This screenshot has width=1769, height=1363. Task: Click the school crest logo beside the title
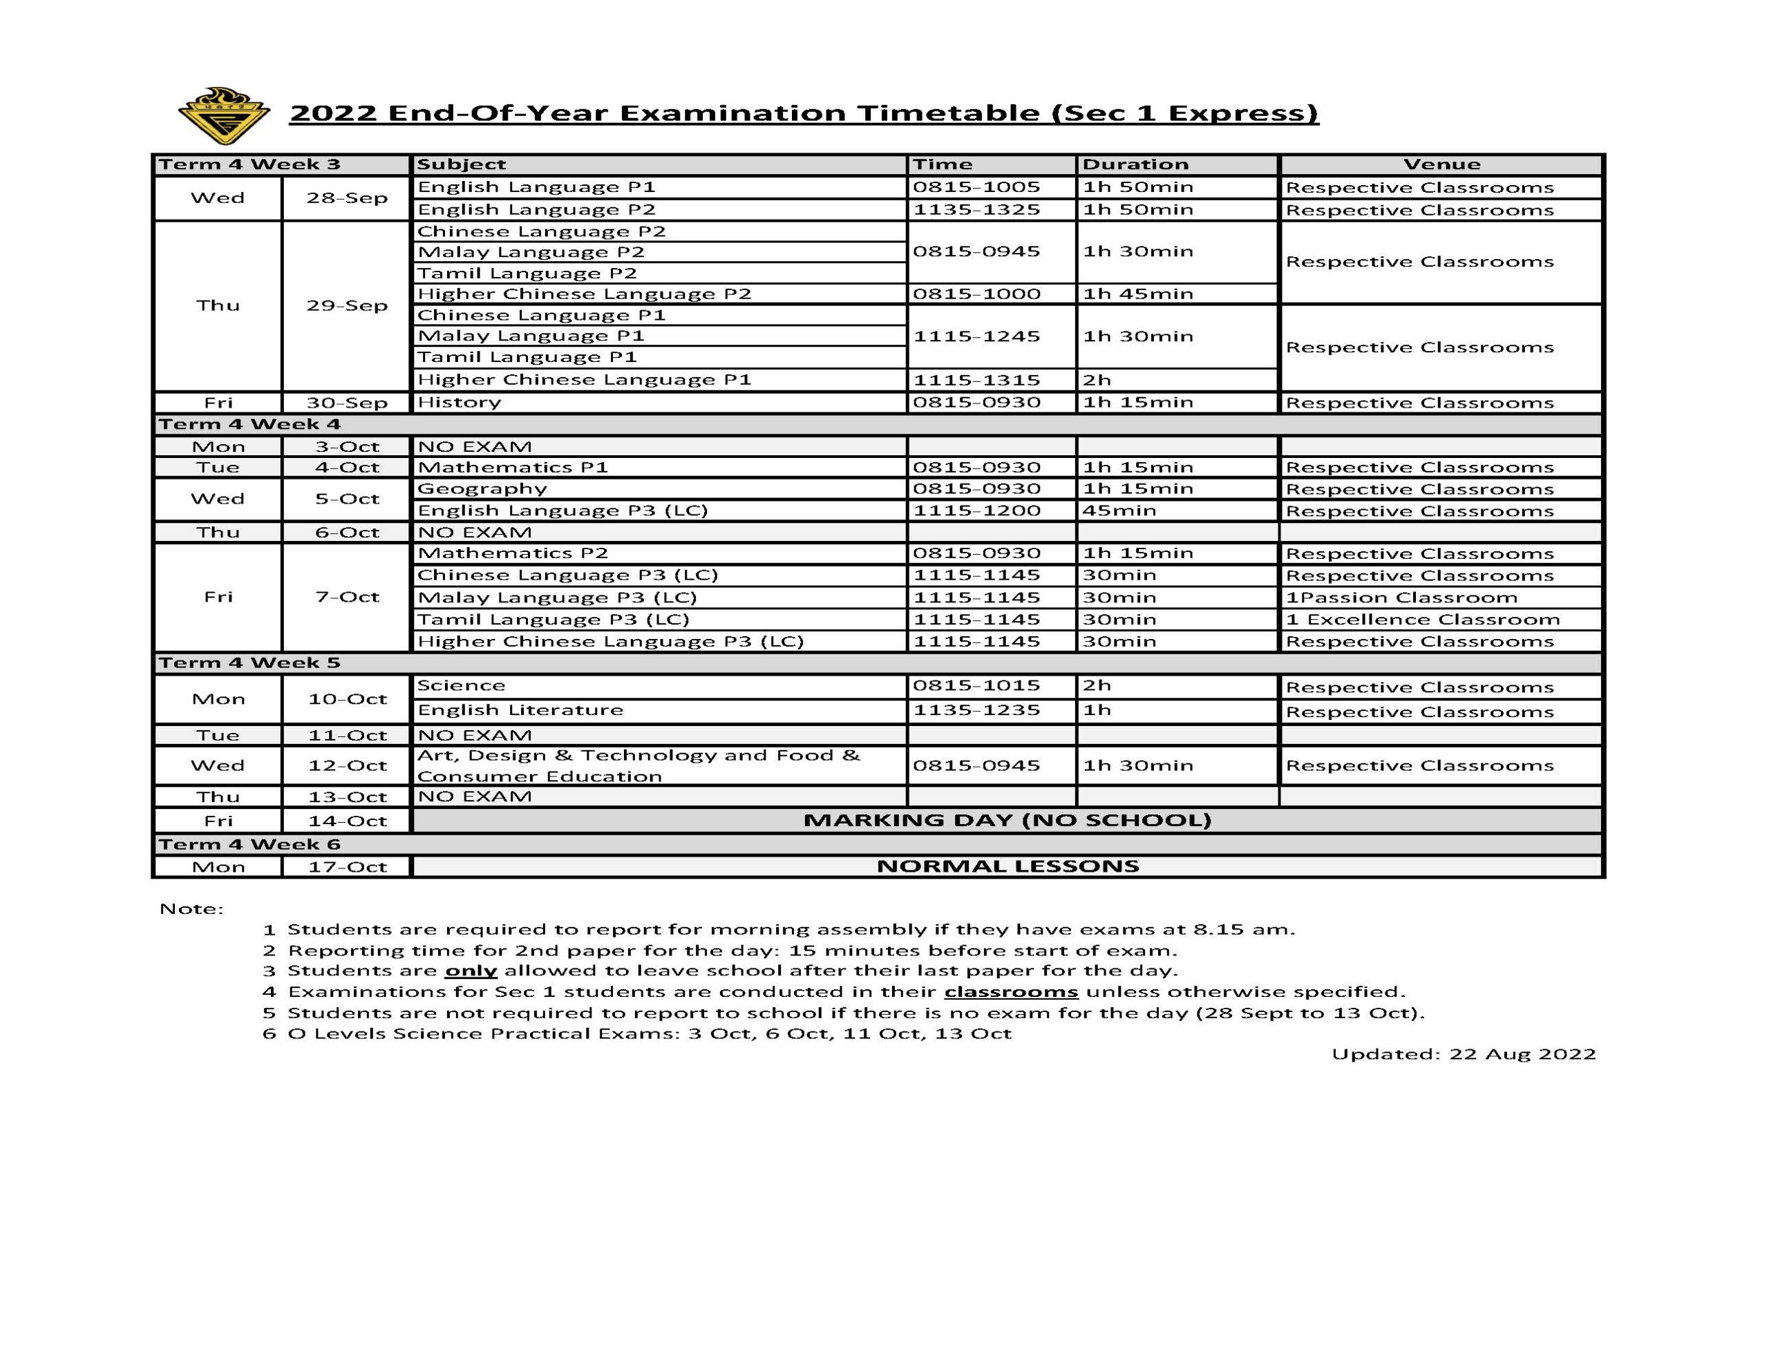tap(224, 116)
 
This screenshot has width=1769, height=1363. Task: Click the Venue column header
tap(1441, 164)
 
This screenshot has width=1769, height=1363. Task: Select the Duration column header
tap(1135, 164)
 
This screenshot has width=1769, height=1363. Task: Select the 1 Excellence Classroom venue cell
tap(1422, 620)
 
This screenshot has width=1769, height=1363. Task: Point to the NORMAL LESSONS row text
tap(1007, 866)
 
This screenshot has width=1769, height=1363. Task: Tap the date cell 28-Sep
tap(347, 198)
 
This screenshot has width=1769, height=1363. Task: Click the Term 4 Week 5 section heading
tap(249, 663)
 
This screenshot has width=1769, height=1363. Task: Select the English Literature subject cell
tap(520, 710)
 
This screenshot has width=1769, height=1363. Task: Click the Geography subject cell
tap(482, 489)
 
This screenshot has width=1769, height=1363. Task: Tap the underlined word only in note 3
tap(471, 971)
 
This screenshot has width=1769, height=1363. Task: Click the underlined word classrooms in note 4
tap(1011, 992)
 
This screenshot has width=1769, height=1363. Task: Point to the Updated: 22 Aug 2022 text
tap(1463, 1054)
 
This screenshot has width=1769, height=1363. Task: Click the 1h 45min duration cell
tap(1138, 294)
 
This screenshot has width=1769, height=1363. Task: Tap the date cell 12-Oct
tap(347, 766)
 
